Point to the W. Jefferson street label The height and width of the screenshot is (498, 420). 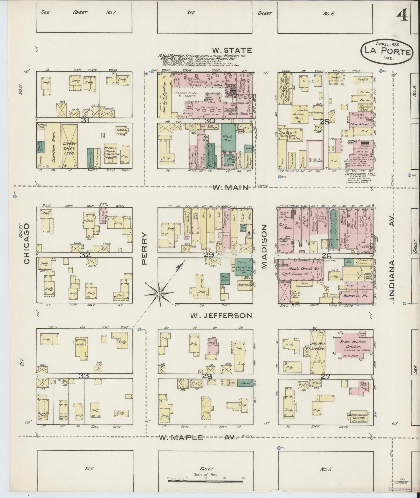[x=221, y=315]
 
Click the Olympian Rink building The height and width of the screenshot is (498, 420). [x=53, y=145]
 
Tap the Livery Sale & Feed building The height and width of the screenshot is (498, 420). [x=70, y=145]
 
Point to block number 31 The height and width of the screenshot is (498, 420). [x=85, y=120]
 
